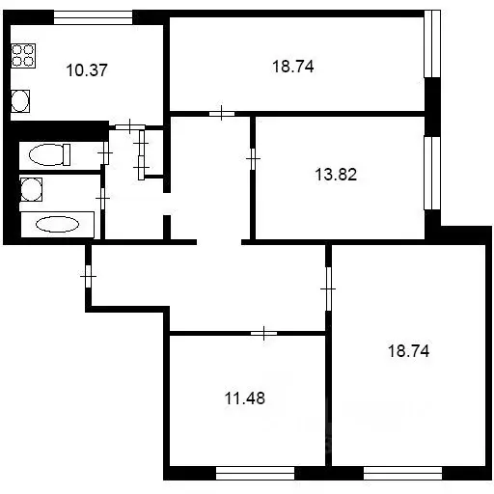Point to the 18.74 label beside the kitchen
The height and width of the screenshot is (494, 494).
point(295,67)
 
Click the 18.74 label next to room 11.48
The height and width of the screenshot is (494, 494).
point(401,352)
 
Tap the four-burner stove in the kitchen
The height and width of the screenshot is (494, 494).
point(23,55)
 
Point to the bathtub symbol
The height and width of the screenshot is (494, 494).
point(58,224)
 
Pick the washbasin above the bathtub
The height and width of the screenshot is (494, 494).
point(31,189)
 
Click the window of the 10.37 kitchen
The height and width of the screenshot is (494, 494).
point(93,15)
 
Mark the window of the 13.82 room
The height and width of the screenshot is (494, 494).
point(431,172)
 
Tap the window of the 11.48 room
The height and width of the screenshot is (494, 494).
point(255,473)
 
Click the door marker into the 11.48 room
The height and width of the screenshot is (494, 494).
point(263,334)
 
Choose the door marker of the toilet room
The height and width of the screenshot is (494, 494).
point(103,152)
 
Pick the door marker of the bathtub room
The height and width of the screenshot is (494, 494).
point(103,197)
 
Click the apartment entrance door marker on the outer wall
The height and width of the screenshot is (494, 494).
point(88,278)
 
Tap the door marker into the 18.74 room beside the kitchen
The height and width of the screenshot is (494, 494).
point(222,114)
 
